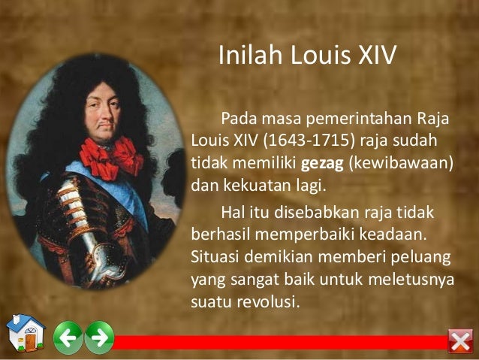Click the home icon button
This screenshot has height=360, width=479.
pos(23,334)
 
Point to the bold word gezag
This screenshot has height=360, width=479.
pos(321,163)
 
